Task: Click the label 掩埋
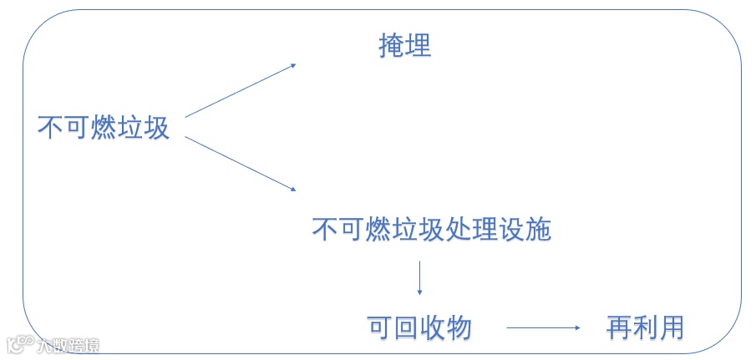coord(405,46)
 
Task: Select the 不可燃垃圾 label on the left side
coord(104,127)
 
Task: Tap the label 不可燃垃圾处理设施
coord(432,229)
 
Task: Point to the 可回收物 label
coord(419,327)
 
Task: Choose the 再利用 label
coord(645,327)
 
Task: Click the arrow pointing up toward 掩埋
coord(240,90)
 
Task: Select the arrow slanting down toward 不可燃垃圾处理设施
coord(240,164)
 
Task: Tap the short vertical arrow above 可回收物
coord(419,278)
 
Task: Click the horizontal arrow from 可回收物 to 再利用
coord(543,328)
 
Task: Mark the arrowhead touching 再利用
coord(576,328)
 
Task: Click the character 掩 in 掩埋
coord(392,46)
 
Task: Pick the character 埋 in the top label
coord(419,46)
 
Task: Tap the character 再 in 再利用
coord(619,327)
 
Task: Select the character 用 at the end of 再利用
coord(672,327)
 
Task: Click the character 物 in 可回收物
coord(459,327)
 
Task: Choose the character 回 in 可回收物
coord(406,327)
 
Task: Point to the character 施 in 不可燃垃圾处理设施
coord(539,229)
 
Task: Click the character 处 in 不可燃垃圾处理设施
coord(459,229)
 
